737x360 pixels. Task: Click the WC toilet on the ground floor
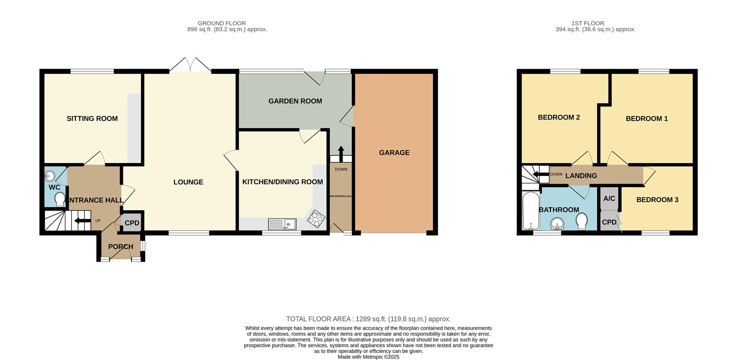[60, 200]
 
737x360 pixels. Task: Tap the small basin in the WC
[50, 176]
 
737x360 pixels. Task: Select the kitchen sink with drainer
[282, 224]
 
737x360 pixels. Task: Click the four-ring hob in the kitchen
[316, 219]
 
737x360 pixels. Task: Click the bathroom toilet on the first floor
[582, 221]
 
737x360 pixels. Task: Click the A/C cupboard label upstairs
[609, 198]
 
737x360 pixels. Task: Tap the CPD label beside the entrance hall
[132, 223]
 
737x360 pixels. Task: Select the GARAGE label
[394, 153]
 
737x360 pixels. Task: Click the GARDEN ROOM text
[295, 101]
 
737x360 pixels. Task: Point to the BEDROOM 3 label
[657, 200]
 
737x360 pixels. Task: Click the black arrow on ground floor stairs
[82, 221]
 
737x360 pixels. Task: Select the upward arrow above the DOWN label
[341, 151]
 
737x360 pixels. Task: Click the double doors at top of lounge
[190, 66]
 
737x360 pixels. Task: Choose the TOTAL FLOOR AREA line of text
[368, 319]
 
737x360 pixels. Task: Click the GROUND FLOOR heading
[222, 23]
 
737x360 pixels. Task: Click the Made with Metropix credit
[368, 357]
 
